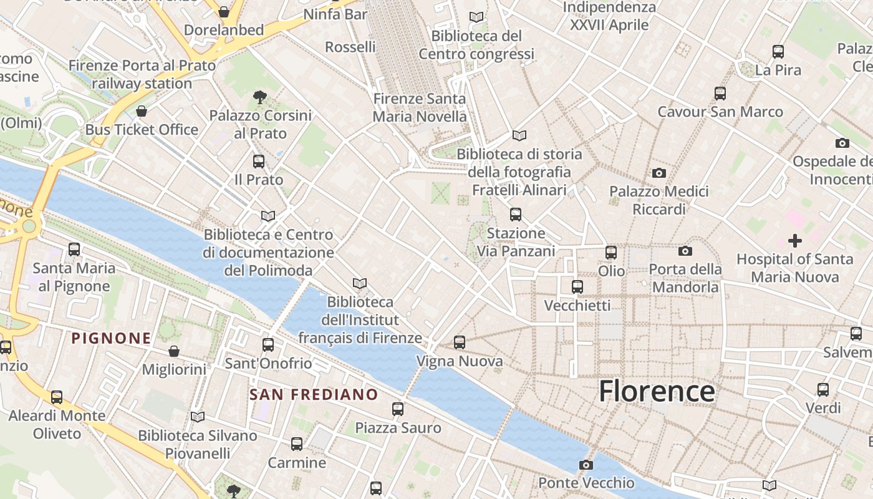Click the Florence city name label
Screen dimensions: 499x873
point(657,391)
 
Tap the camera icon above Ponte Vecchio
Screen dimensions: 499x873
point(586,465)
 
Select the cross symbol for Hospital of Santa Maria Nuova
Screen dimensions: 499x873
point(795,240)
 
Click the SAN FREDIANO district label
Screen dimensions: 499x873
point(314,395)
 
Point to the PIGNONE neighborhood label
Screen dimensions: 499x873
point(111,339)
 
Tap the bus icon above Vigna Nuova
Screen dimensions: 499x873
point(460,342)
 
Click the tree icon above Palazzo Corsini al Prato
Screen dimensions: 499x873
point(260,97)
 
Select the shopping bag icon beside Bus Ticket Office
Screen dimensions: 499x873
point(142,112)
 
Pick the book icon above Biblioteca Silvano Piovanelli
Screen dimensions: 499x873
point(198,417)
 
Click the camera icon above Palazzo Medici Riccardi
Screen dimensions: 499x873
point(658,173)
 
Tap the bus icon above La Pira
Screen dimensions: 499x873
point(778,52)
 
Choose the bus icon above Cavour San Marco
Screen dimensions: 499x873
point(720,94)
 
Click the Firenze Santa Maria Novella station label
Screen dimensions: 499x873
point(419,107)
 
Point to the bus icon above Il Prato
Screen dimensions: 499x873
point(259,162)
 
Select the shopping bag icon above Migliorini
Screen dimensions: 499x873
point(174,352)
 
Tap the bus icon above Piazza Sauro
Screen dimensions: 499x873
point(398,409)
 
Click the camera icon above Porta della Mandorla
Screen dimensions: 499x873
point(685,251)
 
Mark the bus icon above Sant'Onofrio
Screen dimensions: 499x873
point(268,345)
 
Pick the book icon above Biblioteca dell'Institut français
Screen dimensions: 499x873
point(360,284)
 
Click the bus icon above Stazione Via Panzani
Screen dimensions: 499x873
point(516,215)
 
